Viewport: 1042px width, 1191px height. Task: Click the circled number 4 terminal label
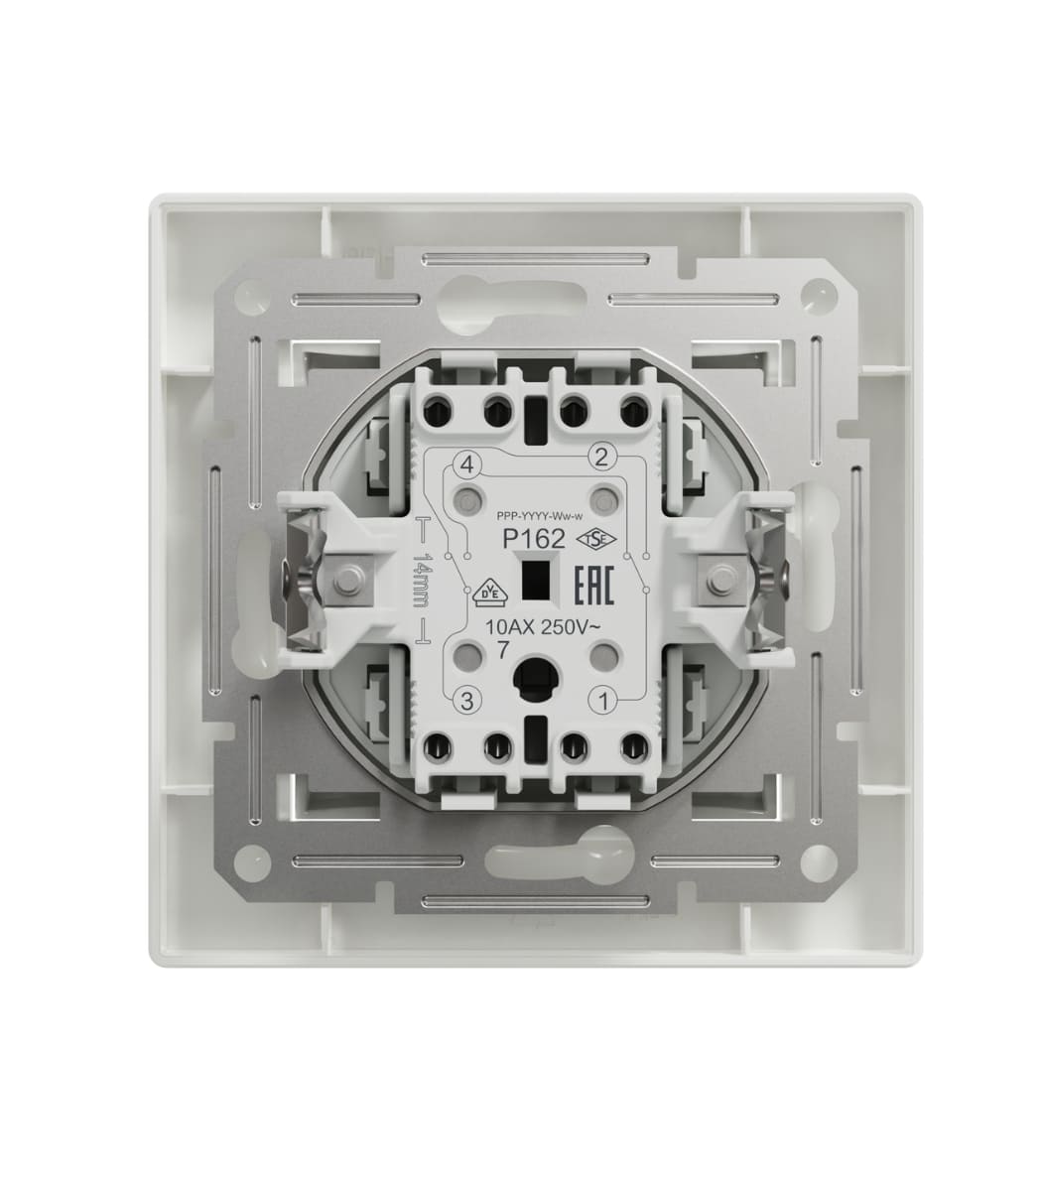pos(467,465)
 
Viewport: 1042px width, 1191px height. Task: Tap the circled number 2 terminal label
pos(602,457)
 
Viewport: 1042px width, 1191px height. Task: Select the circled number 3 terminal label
pos(466,701)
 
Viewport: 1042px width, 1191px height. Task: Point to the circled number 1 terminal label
pos(604,702)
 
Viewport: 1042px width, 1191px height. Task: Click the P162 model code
pos(534,540)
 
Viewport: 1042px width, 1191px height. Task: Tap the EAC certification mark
pos(594,587)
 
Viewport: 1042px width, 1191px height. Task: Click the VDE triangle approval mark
pos(489,591)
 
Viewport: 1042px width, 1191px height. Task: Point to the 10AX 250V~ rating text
pos(540,627)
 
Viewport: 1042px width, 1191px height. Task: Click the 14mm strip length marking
pos(422,580)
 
